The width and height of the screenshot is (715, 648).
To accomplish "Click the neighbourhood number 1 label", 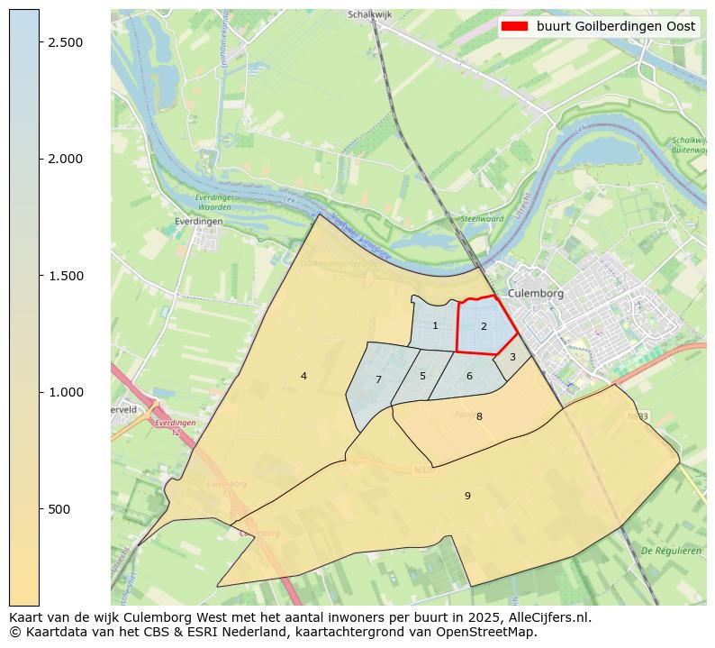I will (435, 326).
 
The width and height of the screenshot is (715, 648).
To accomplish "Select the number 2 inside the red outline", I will (484, 327).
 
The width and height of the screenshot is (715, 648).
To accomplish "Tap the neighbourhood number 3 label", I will (512, 358).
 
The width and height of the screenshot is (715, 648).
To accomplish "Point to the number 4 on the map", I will (303, 377).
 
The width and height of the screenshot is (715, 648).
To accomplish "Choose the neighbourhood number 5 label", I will (422, 377).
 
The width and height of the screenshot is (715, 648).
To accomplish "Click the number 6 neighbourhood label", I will (469, 377).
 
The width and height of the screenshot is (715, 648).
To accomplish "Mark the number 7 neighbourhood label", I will (378, 380).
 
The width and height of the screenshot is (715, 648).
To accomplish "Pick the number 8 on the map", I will (479, 416).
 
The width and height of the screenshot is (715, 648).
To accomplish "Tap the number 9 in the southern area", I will (467, 496).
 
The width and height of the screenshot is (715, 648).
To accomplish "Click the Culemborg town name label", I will (535, 294).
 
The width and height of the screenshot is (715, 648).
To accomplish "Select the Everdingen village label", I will (198, 221).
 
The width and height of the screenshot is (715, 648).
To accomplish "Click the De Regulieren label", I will (671, 551).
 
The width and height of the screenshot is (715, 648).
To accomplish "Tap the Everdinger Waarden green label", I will (214, 202).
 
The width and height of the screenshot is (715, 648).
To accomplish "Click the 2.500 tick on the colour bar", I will (66, 42).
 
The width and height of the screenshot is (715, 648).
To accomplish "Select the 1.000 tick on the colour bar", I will (66, 392).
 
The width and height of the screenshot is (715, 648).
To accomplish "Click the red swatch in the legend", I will (514, 26).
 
